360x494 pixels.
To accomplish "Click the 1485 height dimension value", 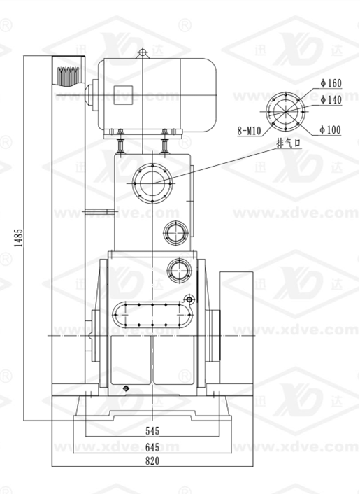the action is point(19,238).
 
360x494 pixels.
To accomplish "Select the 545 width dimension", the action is point(152,430).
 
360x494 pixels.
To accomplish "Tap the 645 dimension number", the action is point(152,447).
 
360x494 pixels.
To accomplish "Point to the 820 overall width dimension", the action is point(152,461).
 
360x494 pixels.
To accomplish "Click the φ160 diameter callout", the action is point(331,83).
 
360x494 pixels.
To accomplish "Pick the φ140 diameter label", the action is point(331,100).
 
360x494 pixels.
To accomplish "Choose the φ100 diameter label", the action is point(330,129).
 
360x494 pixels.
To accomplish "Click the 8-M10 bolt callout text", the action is point(250,131).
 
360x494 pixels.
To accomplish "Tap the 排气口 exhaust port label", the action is point(289,143).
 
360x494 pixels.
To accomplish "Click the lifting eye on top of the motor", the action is point(142,53).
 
